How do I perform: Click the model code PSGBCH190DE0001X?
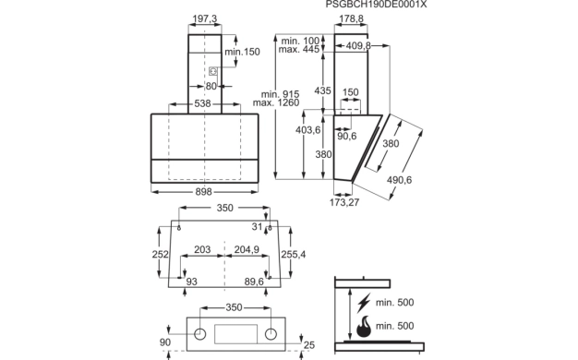click(x=376, y=5)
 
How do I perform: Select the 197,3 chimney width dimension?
click(x=205, y=18)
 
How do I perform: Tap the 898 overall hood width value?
click(x=203, y=192)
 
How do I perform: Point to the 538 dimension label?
click(x=203, y=103)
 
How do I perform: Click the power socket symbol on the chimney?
click(x=212, y=71)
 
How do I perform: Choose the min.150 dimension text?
click(x=242, y=52)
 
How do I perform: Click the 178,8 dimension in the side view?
click(x=351, y=18)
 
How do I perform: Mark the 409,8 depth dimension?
click(x=358, y=45)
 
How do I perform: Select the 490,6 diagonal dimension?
click(x=399, y=180)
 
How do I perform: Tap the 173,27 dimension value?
click(x=344, y=202)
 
